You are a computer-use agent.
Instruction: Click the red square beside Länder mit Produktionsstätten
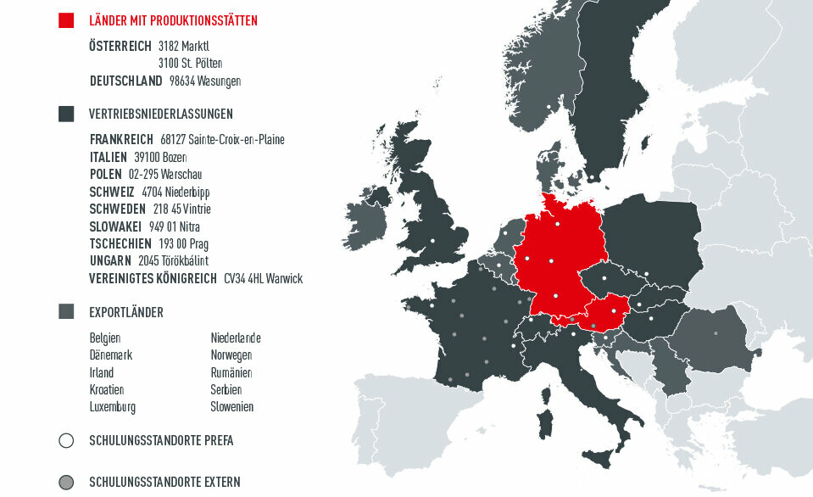click(66, 20)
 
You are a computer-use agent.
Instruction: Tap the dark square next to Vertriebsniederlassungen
click(66, 114)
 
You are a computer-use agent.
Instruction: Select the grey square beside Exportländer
click(66, 312)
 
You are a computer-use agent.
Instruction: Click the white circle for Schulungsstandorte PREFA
click(66, 441)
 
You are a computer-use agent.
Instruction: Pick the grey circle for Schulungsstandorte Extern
click(66, 482)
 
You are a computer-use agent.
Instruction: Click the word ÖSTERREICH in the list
click(120, 45)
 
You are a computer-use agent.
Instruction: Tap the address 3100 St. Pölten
click(190, 63)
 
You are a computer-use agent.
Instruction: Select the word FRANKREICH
click(121, 139)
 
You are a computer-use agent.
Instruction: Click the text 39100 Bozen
click(160, 157)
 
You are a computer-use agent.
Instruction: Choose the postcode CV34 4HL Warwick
click(263, 278)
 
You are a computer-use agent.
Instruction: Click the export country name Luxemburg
click(112, 407)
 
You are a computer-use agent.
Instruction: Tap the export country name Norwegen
click(231, 355)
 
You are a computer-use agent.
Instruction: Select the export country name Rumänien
click(231, 372)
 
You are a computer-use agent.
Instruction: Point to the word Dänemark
click(110, 355)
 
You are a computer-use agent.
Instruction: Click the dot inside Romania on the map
click(716, 332)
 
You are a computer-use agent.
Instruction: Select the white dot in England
click(432, 242)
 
